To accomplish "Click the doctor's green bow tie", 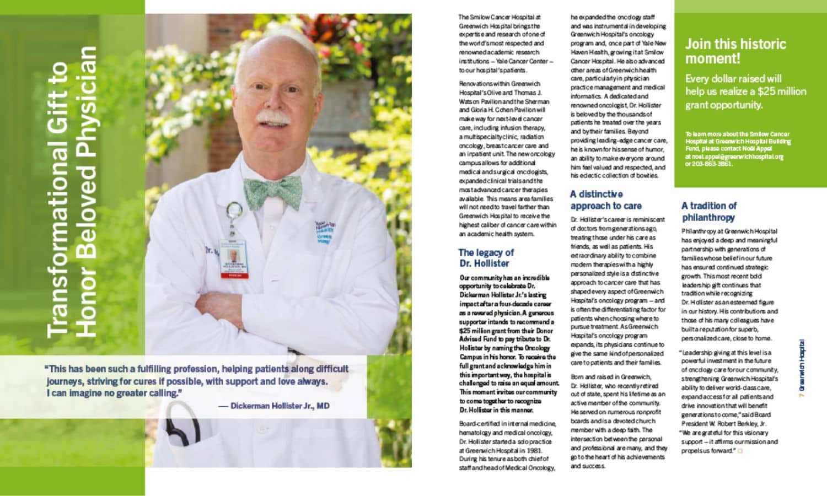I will (x=272, y=192).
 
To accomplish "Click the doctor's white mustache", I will (x=273, y=118).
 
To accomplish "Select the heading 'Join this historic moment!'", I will (x=735, y=51).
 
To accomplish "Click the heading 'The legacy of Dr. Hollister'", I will (x=486, y=258).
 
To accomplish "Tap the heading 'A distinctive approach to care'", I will (x=605, y=200).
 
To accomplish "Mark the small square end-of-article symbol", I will (x=740, y=451).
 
